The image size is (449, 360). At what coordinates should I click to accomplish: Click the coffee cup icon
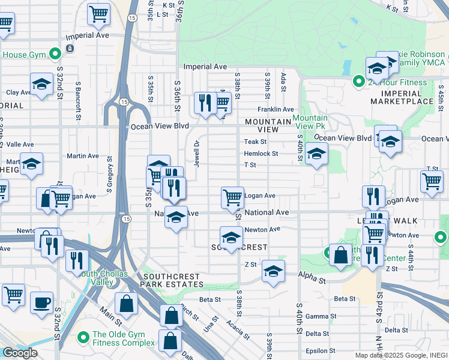pos(41,303)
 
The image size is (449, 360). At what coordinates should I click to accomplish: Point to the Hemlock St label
pos(261,154)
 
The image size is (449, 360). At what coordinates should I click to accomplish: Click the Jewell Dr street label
pos(196,152)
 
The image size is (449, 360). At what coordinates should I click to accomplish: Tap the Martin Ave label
pos(83,156)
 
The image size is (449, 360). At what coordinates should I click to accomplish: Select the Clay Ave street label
pos(18,92)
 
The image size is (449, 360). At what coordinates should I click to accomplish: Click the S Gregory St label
pos(110,174)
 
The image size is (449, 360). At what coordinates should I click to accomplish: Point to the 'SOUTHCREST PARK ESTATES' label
pos(173,280)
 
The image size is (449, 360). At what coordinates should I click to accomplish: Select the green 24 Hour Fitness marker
pos(359,82)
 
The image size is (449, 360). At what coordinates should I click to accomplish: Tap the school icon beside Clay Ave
pos(41,85)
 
